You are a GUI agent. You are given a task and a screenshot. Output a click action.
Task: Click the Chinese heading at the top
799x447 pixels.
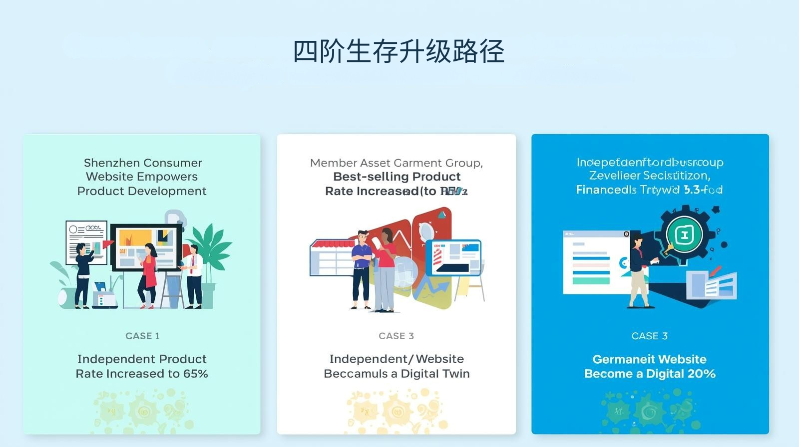pos(399,51)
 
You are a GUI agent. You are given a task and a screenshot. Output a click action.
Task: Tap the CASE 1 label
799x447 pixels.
pos(142,336)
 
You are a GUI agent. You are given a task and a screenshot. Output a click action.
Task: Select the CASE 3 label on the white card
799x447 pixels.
pos(396,336)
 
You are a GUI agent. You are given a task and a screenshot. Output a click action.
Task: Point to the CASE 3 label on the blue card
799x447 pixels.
pos(649,336)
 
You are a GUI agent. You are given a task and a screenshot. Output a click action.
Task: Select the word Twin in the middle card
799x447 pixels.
pos(455,374)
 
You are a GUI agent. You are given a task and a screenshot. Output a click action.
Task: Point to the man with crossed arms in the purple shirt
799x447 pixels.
pos(361,269)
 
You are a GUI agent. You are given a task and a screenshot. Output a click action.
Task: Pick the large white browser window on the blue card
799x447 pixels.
pos(594,262)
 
